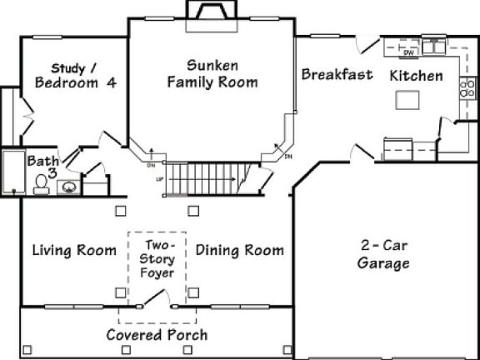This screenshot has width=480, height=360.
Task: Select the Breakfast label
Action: tap(337, 75)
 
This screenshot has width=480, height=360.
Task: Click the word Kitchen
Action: tap(416, 76)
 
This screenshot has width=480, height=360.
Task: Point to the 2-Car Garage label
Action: tap(383, 255)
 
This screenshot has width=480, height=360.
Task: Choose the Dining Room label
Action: tap(239, 250)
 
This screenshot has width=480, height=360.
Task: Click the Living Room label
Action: tap(74, 250)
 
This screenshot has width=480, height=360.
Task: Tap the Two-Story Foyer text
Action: tap(158, 258)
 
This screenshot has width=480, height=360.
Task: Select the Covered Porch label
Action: tap(157, 335)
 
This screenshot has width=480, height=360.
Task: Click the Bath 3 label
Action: tap(42, 166)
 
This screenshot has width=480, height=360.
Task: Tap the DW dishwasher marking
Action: tap(408, 52)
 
